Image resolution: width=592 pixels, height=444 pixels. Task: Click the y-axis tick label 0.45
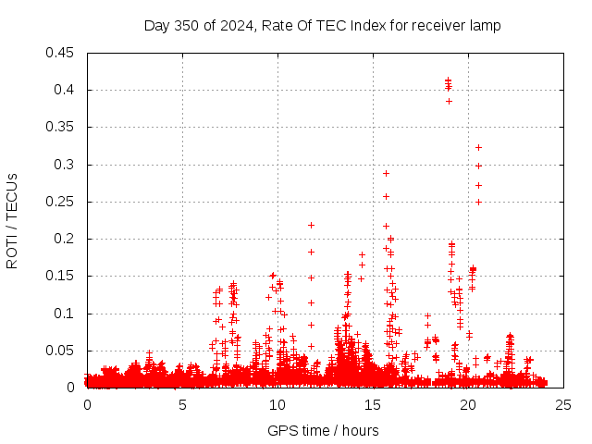click(x=62, y=53)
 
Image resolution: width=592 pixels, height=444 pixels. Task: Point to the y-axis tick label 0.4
click(x=66, y=90)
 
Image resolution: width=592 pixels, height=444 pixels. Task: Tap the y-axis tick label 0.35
click(x=62, y=127)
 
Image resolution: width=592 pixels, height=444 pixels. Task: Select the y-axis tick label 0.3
click(x=66, y=165)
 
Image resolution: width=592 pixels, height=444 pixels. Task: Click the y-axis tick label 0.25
click(x=62, y=202)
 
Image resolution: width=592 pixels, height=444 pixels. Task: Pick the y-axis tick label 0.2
click(x=66, y=239)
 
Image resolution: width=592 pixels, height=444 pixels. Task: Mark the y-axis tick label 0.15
click(x=62, y=276)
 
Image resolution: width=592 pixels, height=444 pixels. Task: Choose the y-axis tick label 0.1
click(x=66, y=314)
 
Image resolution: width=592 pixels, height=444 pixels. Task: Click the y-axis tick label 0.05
click(x=62, y=351)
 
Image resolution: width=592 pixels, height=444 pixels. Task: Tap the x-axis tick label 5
click(x=182, y=405)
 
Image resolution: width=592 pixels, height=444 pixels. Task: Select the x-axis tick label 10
click(x=277, y=405)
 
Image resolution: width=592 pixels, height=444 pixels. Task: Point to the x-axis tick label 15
click(x=373, y=405)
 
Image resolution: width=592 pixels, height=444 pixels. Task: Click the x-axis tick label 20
click(x=468, y=405)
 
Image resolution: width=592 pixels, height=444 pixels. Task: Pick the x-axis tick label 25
click(x=563, y=405)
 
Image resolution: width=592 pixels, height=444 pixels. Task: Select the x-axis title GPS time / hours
click(x=323, y=430)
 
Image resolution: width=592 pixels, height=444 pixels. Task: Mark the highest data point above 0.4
click(x=448, y=80)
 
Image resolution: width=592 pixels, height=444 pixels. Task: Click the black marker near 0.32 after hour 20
click(x=478, y=147)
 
